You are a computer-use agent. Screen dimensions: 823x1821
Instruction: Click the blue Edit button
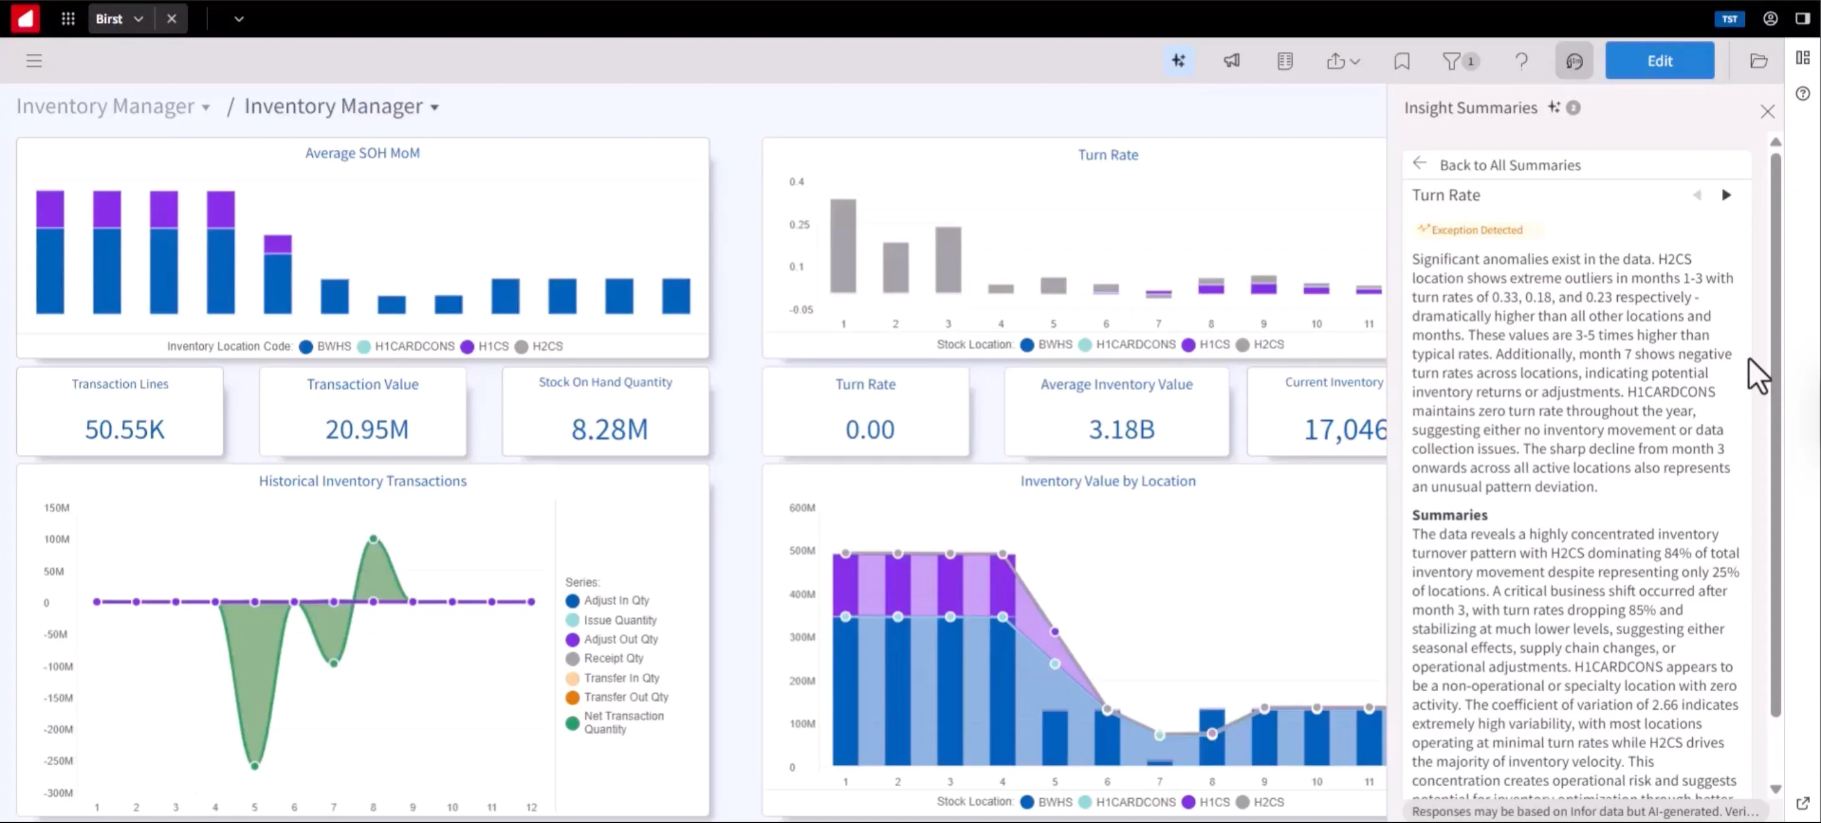[1659, 61]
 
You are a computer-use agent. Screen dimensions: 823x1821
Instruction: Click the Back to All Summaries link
[1509, 165]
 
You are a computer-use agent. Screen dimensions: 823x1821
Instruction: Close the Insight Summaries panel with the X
[1766, 111]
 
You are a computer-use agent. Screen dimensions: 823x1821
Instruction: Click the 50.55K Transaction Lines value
[124, 429]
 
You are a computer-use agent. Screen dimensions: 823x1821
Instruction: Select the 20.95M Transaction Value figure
[366, 429]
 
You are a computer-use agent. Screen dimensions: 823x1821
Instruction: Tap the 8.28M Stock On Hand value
[609, 429]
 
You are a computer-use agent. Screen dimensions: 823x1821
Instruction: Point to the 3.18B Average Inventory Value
[1120, 429]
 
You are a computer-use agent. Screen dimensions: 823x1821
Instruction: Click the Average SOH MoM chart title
[362, 153]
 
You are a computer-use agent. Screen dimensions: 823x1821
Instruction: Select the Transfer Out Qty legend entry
[625, 697]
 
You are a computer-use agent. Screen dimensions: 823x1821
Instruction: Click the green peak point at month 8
[373, 539]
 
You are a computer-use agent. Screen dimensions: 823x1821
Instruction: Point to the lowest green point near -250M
[255, 765]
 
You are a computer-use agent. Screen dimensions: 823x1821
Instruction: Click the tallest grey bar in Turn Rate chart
[842, 245]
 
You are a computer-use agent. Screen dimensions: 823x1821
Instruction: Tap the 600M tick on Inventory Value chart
[801, 507]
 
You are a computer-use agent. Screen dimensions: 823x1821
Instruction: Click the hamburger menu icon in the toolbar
[34, 61]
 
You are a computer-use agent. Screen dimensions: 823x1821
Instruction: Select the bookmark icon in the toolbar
[1401, 61]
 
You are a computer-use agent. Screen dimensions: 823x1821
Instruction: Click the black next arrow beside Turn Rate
[1726, 195]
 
